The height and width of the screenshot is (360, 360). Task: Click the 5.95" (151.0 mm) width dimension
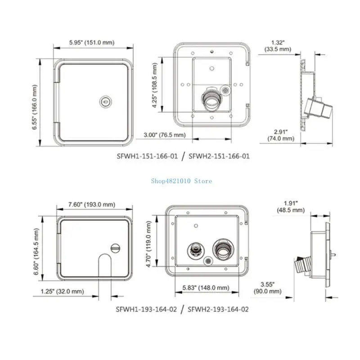pos(92,42)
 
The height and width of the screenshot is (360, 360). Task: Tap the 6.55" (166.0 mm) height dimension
pos(35,107)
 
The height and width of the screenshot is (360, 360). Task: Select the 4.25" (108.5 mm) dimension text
pos(154,85)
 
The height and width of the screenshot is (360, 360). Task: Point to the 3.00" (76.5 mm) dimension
pos(165,135)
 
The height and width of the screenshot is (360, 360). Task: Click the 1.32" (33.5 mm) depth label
pos(278,46)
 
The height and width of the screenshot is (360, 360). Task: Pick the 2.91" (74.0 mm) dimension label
pos(280,135)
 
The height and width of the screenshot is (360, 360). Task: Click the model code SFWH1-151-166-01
pos(147,156)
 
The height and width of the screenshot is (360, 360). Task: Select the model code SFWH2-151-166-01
pos(219,156)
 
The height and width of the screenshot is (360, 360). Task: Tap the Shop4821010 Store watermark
pos(181,181)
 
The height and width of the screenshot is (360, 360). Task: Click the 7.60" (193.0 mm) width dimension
pos(92,204)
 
